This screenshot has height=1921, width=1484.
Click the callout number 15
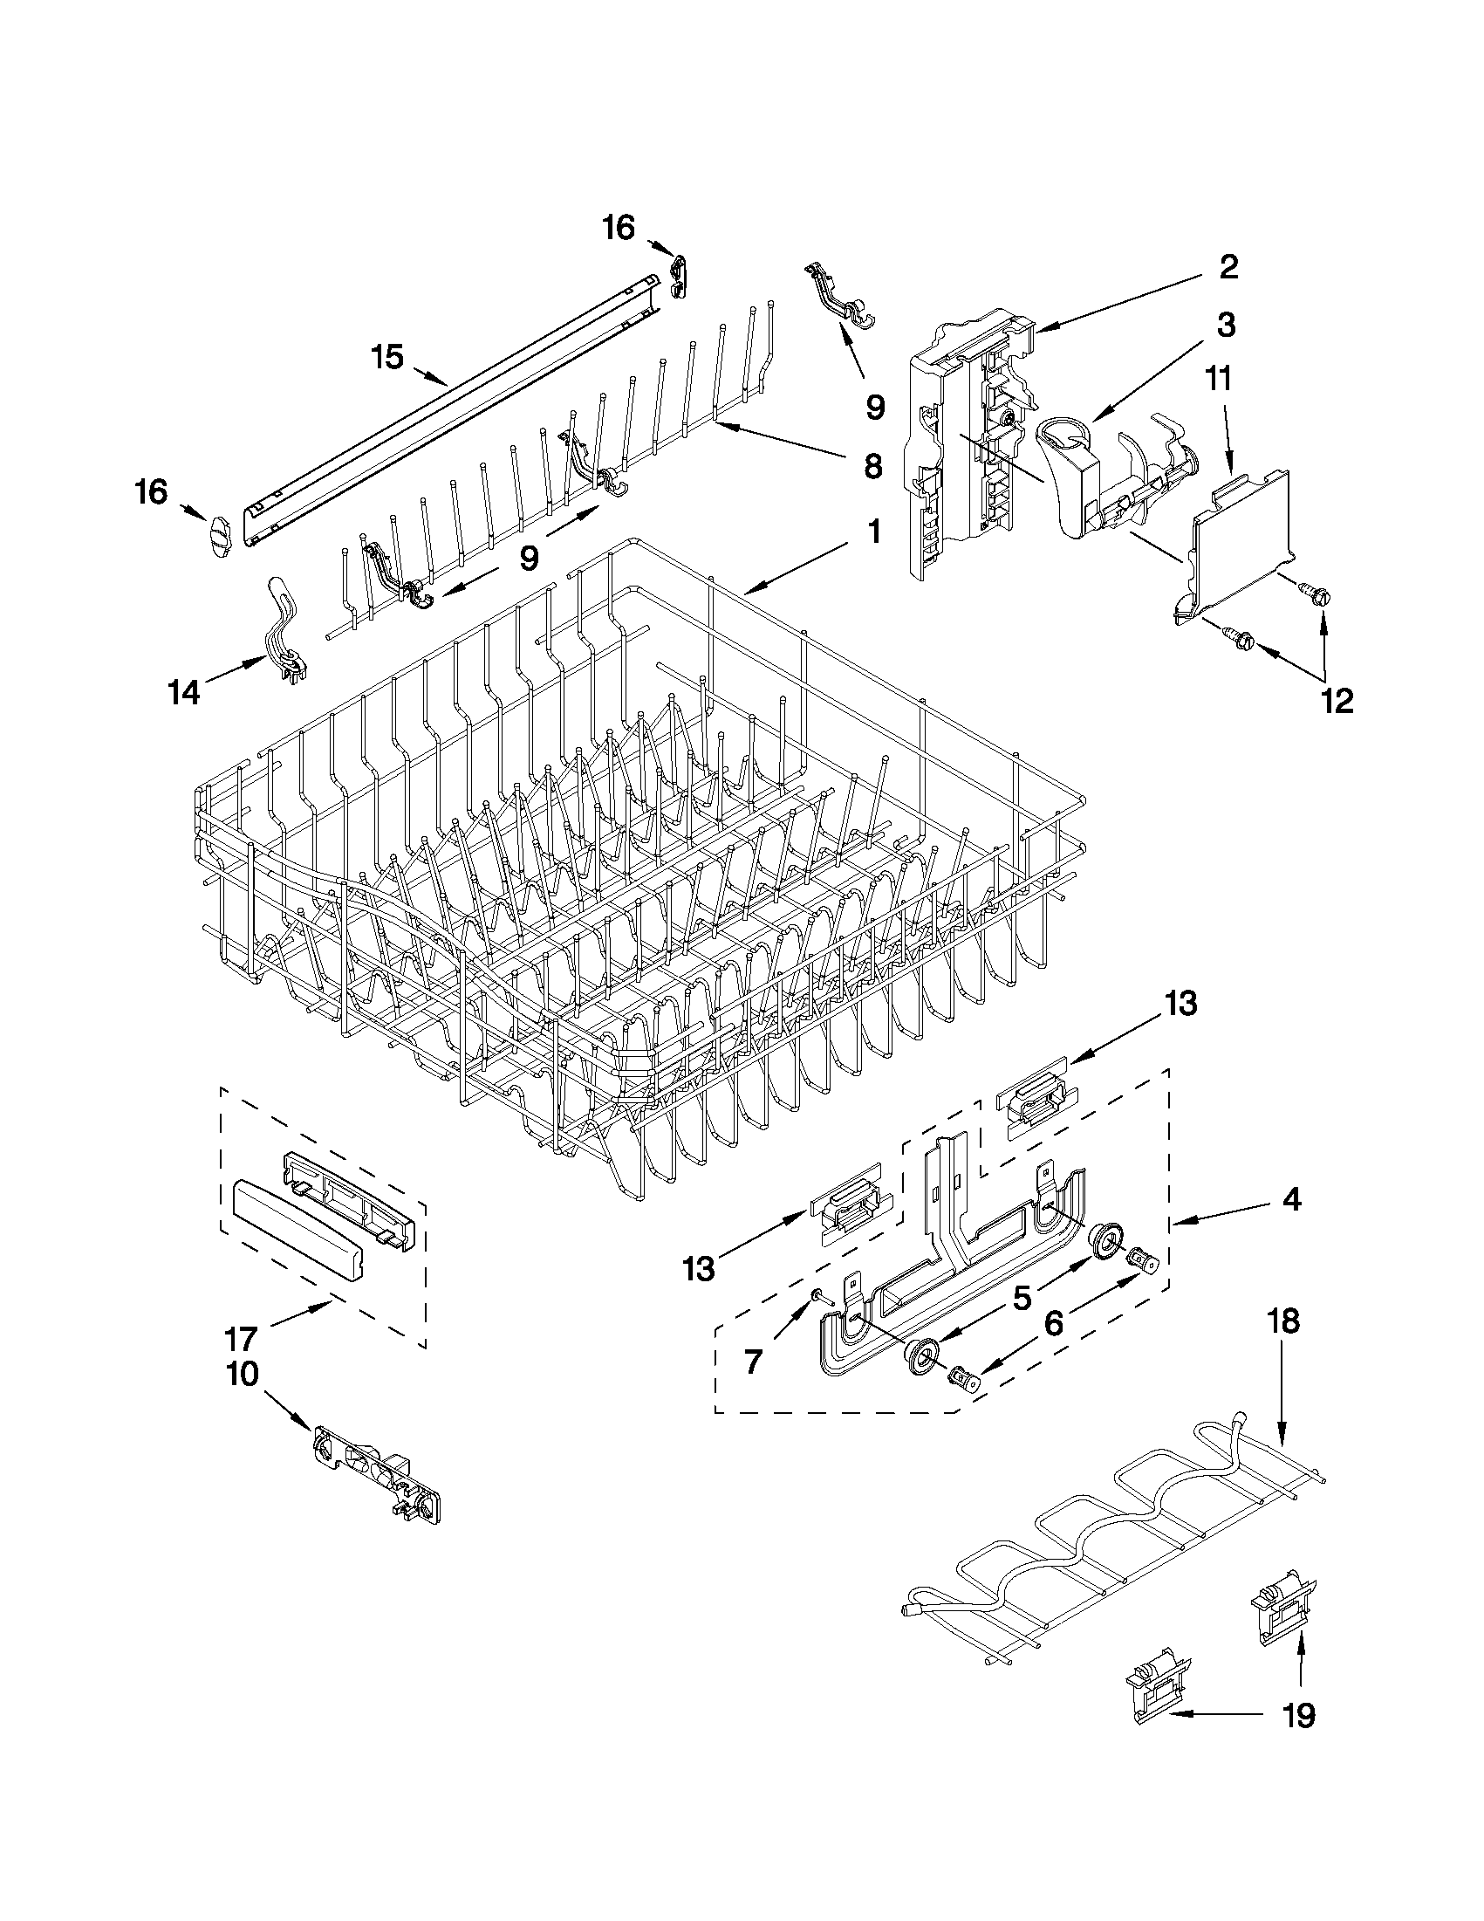click(x=386, y=357)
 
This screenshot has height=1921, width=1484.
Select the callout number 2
click(x=1228, y=267)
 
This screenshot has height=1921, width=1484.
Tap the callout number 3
click(x=1226, y=326)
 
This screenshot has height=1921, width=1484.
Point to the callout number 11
click(x=1219, y=380)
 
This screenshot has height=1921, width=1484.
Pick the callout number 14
click(x=184, y=693)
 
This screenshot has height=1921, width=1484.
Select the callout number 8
click(x=872, y=466)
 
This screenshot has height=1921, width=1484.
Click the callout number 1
click(x=873, y=532)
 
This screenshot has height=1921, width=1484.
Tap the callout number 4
click(x=1289, y=1200)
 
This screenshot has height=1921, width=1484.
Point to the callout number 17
click(x=240, y=1339)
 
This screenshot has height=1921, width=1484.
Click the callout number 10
click(x=243, y=1374)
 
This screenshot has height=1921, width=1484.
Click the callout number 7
click(x=753, y=1362)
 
